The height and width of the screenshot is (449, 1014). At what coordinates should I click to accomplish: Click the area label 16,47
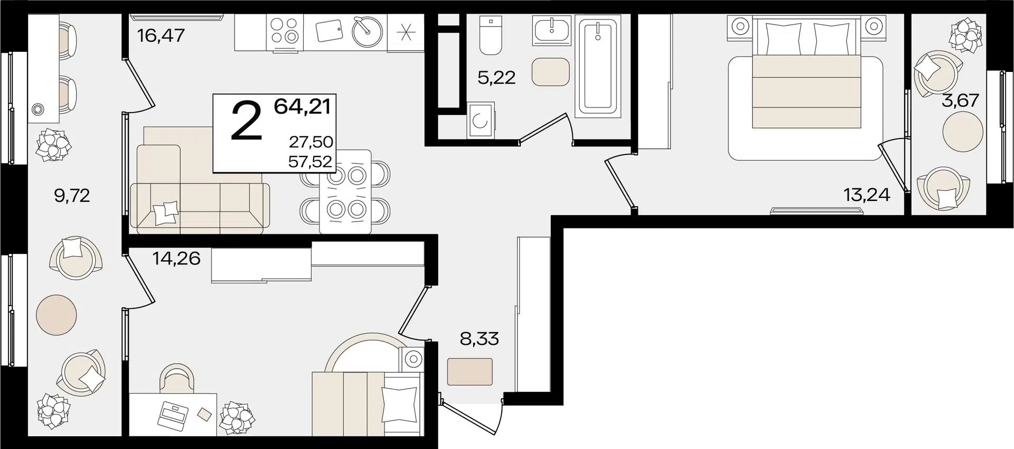click(x=161, y=35)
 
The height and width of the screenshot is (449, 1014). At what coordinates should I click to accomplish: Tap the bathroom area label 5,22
click(x=496, y=78)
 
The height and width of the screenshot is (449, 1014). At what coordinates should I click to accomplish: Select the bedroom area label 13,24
click(x=867, y=195)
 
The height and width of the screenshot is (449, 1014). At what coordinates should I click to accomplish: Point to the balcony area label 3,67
click(x=960, y=100)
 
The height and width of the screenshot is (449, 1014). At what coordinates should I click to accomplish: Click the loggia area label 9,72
click(x=72, y=196)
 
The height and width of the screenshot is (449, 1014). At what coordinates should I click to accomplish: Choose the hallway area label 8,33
click(x=479, y=338)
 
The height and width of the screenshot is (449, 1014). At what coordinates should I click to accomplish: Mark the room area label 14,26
click(x=176, y=258)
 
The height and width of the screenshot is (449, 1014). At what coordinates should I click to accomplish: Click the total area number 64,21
click(x=302, y=106)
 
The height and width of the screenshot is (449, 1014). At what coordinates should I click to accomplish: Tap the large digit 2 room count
click(x=247, y=122)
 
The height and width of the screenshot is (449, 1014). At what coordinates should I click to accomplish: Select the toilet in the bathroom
click(x=491, y=35)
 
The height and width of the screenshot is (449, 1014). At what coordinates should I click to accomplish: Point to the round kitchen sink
click(x=367, y=33)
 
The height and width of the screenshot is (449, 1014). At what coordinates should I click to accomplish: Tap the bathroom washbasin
click(x=552, y=30)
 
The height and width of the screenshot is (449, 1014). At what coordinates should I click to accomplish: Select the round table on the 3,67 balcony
click(x=963, y=132)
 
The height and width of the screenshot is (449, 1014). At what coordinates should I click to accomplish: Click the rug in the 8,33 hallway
click(x=470, y=372)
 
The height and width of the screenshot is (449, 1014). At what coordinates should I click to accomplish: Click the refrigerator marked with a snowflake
click(x=406, y=33)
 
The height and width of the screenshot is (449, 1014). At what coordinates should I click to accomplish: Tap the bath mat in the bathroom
click(x=551, y=72)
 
